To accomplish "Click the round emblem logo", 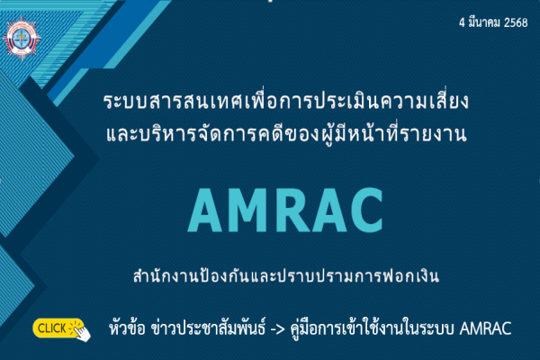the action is click(22, 39).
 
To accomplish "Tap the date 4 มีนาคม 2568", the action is click(493, 22).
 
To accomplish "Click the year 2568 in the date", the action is click(516, 23).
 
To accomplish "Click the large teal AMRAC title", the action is click(285, 210).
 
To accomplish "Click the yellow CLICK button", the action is click(58, 328).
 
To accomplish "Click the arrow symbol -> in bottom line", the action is click(277, 328).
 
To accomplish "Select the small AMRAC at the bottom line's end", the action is click(485, 328).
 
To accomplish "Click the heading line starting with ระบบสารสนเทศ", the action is click(286, 101).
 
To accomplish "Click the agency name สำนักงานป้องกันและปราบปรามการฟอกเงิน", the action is click(286, 275).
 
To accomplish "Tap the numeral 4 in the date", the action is click(463, 23).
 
